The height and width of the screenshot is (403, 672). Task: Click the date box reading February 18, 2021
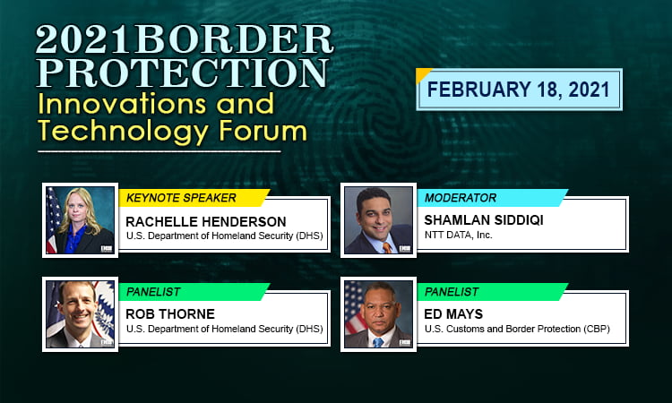coord(519,90)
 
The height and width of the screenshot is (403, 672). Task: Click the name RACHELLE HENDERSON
coord(207,220)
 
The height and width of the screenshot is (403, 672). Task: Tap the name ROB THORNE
coord(169,314)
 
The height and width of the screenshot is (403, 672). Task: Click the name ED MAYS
coord(453,314)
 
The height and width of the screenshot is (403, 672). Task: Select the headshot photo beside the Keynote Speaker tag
coord(80,219)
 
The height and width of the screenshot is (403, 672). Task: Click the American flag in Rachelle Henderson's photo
coord(53,219)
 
